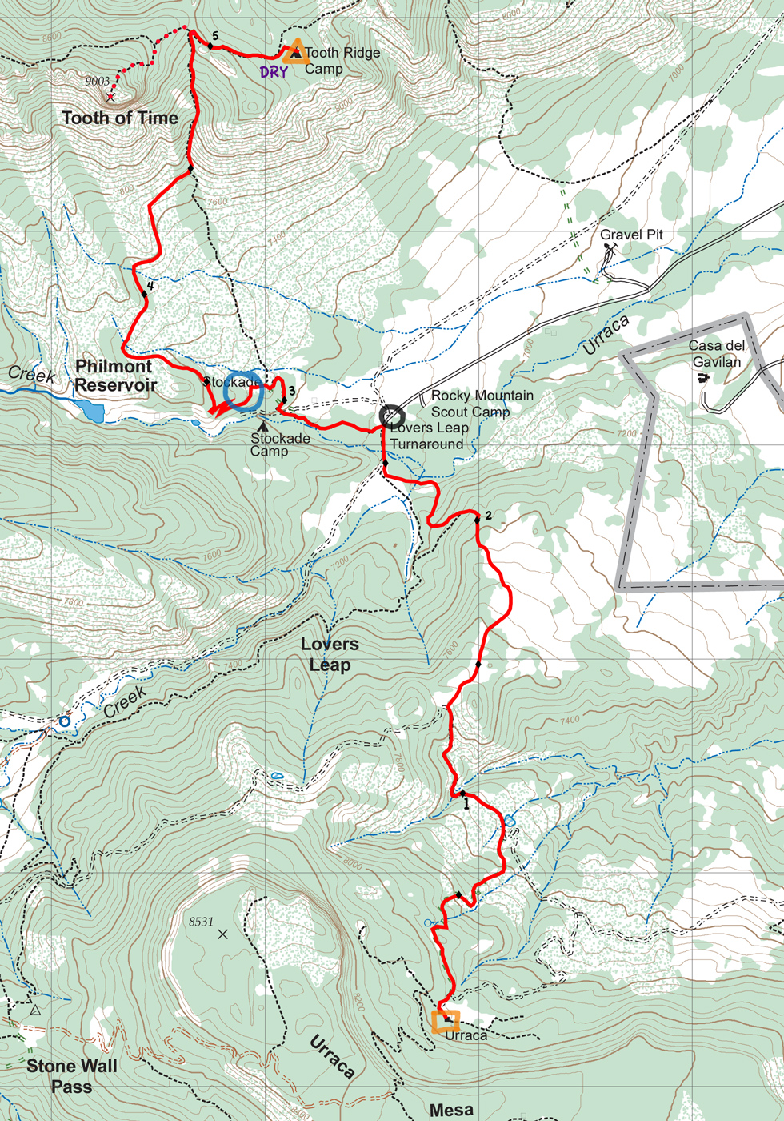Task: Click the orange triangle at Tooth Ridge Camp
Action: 296,51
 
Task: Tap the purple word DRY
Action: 274,73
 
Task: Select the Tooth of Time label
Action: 120,119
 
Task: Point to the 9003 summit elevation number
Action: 97,81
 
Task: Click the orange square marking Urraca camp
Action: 446,1021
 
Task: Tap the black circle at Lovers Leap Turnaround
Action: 391,416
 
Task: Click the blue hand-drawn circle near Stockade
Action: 242,391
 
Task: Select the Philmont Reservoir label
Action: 114,376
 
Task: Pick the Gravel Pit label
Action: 632,235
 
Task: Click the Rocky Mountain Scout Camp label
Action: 482,404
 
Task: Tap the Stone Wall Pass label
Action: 71,1076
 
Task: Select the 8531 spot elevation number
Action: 201,922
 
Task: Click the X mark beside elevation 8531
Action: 222,934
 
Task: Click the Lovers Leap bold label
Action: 330,654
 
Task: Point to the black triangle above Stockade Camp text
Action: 262,426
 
